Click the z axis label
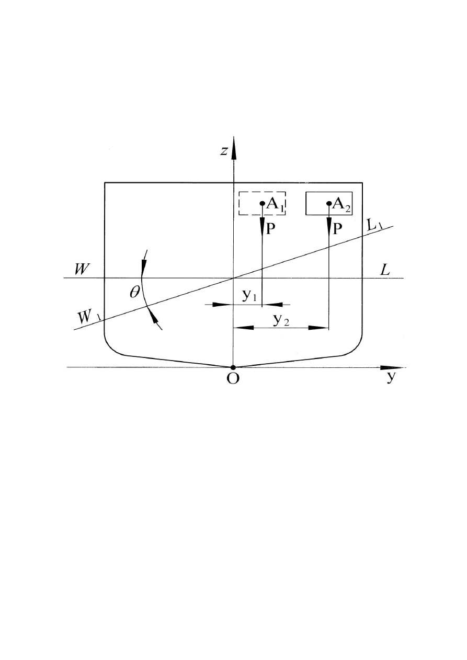pyautogui.click(x=224, y=151)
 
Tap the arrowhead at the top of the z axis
pyautogui.click(x=233, y=146)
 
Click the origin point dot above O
pyautogui.click(x=233, y=367)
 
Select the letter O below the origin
pyautogui.click(x=233, y=379)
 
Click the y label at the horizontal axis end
pyautogui.click(x=391, y=378)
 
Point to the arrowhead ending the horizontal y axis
pyautogui.click(x=391, y=367)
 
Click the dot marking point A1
pyautogui.click(x=262, y=203)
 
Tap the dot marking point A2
pyautogui.click(x=328, y=203)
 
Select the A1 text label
pyautogui.click(x=275, y=205)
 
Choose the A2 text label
pyautogui.click(x=341, y=205)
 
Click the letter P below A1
pyautogui.click(x=271, y=229)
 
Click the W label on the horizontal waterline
pyautogui.click(x=81, y=269)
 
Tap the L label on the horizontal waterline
pyautogui.click(x=385, y=270)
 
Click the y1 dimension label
pyautogui.click(x=249, y=296)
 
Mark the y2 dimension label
pyautogui.click(x=281, y=320)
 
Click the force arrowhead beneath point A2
pyautogui.click(x=328, y=226)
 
